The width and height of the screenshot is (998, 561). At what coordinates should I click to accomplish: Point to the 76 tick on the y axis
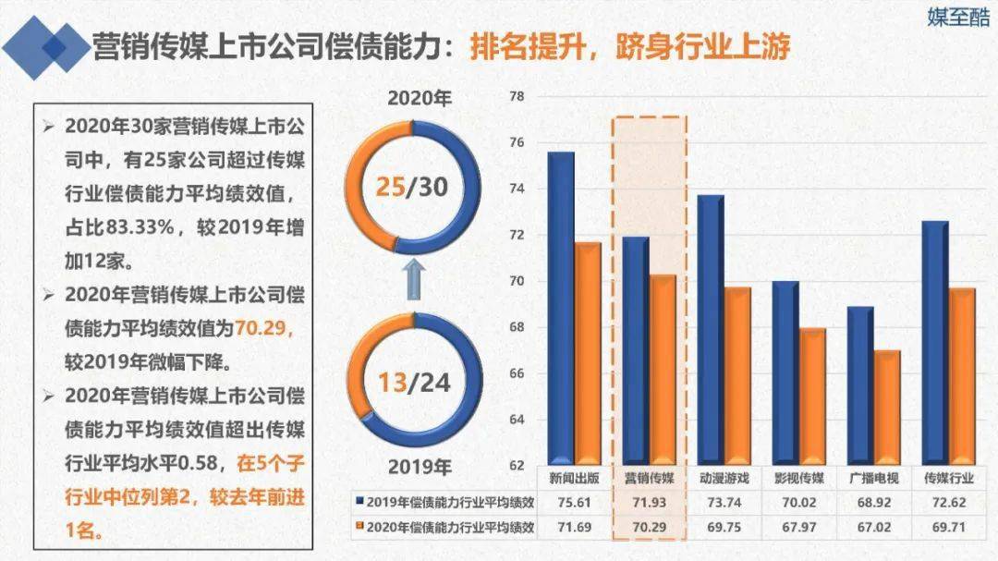coord(517,142)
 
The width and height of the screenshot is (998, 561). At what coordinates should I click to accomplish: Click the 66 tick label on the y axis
coord(517,373)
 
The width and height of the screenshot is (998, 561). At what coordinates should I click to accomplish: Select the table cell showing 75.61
coord(574,502)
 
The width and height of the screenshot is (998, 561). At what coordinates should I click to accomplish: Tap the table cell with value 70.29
coord(649,527)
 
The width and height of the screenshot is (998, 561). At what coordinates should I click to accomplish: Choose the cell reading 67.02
coord(874,527)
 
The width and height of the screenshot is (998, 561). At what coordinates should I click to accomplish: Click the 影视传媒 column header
coord(798,479)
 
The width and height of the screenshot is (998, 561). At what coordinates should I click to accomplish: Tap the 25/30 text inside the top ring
coord(411,187)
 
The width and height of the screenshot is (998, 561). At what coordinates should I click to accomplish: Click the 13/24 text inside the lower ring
coord(413,381)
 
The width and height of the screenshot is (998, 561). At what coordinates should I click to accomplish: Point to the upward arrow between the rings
coord(413,278)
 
